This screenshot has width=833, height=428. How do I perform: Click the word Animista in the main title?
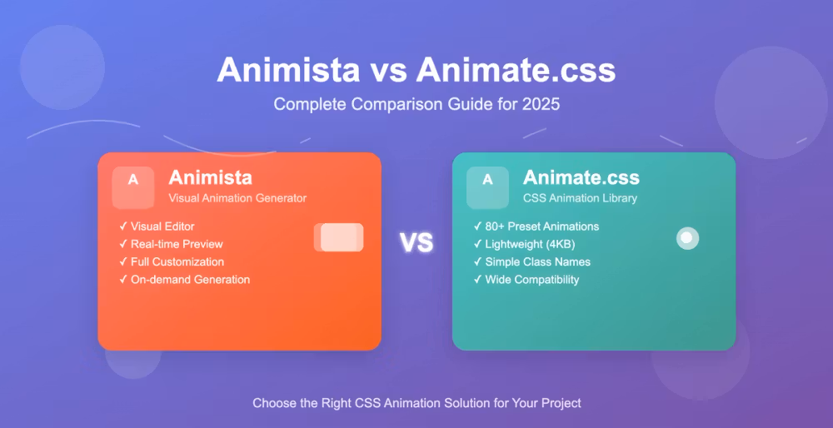[288, 70]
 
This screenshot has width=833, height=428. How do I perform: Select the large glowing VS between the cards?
[416, 242]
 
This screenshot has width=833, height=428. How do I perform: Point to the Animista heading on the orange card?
[211, 177]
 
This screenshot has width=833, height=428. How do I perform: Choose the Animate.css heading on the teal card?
[581, 177]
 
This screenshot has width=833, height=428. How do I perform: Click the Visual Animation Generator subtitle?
[237, 198]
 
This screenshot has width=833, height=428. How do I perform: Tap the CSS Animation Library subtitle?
[580, 198]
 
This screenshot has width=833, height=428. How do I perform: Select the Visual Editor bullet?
[157, 226]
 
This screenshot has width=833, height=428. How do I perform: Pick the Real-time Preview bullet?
[171, 244]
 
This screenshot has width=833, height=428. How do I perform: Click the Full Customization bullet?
[172, 261]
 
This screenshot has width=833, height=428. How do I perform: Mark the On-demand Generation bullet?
[184, 280]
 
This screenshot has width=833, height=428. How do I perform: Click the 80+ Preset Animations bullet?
[536, 226]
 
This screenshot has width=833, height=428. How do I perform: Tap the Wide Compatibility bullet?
[526, 280]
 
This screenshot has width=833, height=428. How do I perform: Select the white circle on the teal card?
[687, 238]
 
